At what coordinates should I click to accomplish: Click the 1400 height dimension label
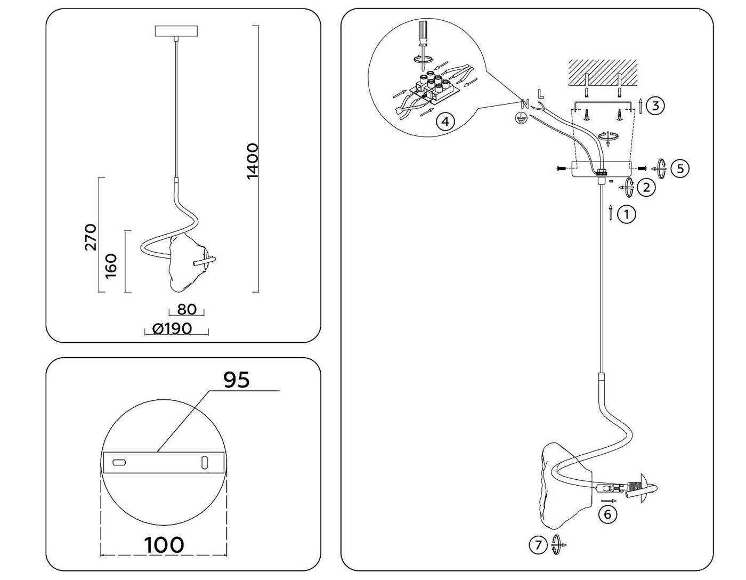click(x=253, y=161)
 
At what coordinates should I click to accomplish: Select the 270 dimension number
click(x=91, y=237)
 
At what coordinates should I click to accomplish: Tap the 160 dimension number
click(x=111, y=265)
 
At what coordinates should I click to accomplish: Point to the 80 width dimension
click(x=186, y=309)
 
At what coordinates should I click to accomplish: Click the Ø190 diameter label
click(x=172, y=328)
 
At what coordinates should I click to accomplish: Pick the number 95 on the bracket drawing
click(x=236, y=380)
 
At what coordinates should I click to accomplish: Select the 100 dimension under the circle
click(x=164, y=545)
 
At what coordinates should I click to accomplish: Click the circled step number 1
click(x=627, y=214)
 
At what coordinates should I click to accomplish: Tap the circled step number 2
click(x=646, y=187)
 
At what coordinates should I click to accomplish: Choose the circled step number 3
click(x=655, y=106)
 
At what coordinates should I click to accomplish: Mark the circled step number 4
click(x=445, y=122)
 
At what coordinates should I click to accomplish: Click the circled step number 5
click(x=680, y=168)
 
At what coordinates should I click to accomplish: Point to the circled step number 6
click(x=607, y=514)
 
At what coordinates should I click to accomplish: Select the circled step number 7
click(x=538, y=545)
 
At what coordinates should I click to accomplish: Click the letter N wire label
click(x=524, y=104)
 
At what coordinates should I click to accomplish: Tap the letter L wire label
click(x=541, y=94)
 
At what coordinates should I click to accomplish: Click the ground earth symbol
click(x=522, y=118)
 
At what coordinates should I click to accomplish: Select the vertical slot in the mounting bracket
click(x=204, y=462)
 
